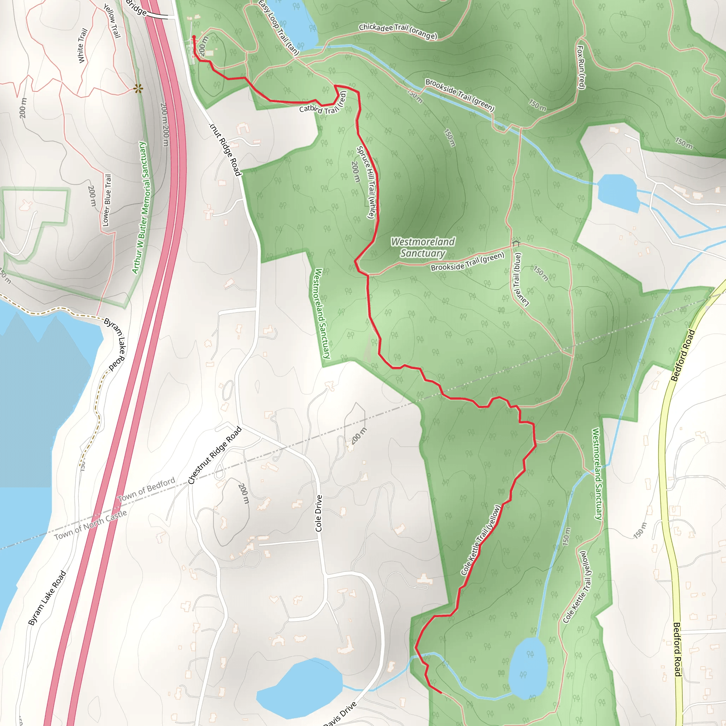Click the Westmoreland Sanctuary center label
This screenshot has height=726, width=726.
pos(423,247)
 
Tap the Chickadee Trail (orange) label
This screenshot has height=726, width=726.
pos(398,31)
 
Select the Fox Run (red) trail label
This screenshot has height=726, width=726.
pos(581,68)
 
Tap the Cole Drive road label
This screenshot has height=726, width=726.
pos(319,513)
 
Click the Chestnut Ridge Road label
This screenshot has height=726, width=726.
pos(214,456)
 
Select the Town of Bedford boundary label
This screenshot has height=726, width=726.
pos(146,489)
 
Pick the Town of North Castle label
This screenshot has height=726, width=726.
pos(90,525)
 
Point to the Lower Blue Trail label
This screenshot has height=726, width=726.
pos(107,200)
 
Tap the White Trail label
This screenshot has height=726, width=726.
pos(82,45)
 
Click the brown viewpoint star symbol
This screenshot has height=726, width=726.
pos(138,89)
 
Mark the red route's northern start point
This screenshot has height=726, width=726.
pos(194,37)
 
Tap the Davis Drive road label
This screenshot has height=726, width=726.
pos(340,714)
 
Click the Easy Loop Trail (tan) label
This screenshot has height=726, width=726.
pos(278,27)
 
